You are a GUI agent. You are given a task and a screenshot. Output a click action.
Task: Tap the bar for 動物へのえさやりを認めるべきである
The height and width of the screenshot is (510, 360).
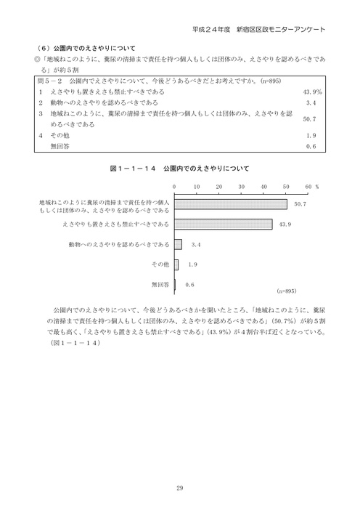178,243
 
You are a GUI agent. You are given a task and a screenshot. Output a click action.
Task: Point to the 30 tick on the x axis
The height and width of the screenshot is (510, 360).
241,187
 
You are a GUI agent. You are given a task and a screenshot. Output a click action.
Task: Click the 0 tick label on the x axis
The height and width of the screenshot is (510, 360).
174,187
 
